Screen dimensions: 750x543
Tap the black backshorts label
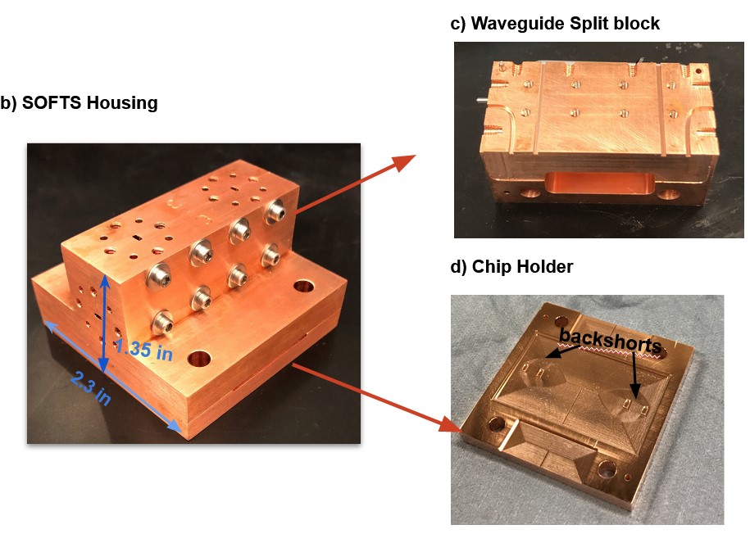pos(611,339)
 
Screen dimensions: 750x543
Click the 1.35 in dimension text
pos(143,349)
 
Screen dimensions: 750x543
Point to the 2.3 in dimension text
pos(91,388)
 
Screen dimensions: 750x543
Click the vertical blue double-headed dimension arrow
pos(104,324)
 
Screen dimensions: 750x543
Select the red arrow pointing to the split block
pos(354,184)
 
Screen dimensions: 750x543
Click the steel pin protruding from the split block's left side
pos(480,101)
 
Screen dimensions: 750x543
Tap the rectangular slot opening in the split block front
pos(599,185)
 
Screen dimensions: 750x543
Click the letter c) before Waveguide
pos(457,24)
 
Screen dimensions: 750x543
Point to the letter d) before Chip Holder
pos(458,267)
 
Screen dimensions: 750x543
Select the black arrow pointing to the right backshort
pos(634,375)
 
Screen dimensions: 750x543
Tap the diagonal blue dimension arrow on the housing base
pos(113,378)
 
